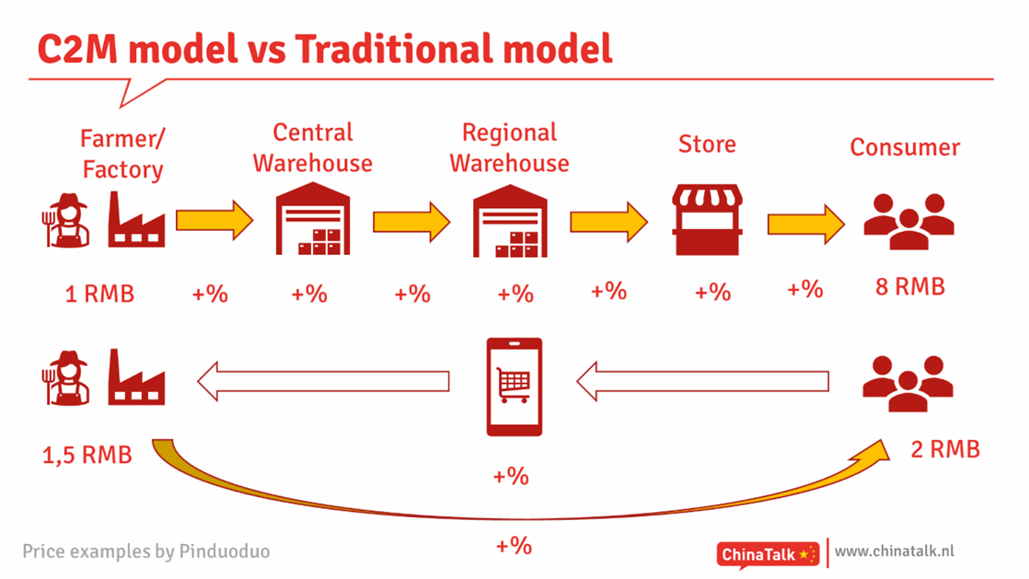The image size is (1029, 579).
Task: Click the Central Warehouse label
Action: coord(312,147)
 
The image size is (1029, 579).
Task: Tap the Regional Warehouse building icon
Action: coord(510,221)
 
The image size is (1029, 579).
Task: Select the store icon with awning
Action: coord(707,219)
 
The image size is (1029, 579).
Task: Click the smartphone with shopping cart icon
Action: coord(514,387)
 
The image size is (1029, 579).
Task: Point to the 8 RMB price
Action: coord(910,286)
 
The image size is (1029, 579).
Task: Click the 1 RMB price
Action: coord(99,294)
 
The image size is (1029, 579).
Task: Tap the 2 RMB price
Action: coord(945,449)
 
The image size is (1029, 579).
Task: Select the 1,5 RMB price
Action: coord(87,455)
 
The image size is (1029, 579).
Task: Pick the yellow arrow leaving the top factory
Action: coord(214,220)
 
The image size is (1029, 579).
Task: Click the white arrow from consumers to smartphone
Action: coord(702,381)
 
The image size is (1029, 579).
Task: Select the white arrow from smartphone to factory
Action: coord(324,381)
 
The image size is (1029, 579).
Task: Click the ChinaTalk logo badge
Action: coord(768,555)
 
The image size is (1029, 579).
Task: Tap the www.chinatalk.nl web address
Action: coord(895,551)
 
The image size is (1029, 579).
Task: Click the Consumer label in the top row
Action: coord(905,147)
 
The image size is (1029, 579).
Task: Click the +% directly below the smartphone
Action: coord(511,476)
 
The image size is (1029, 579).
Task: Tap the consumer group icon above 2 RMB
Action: coord(908,383)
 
